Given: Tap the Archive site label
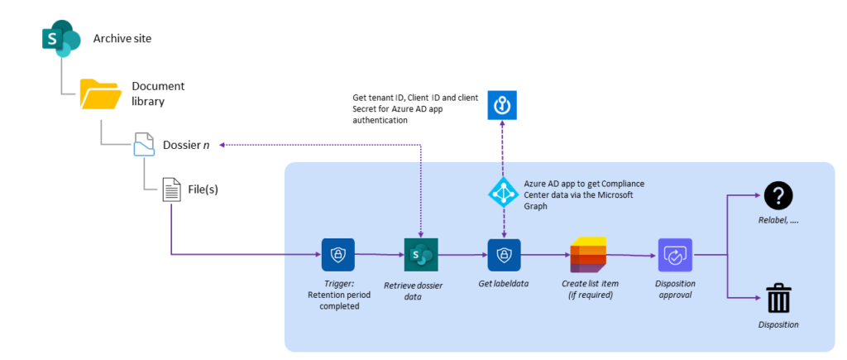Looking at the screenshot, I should [x=122, y=39].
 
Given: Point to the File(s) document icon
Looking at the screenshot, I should [x=171, y=190].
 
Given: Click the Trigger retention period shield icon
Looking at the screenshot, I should [x=337, y=254].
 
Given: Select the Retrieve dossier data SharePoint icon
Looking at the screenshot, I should [x=420, y=254].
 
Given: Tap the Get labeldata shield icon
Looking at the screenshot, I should [x=504, y=254].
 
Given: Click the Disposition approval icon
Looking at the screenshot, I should [x=674, y=254].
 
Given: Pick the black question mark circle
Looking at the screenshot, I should [x=778, y=195].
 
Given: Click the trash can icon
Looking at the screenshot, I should [x=778, y=298].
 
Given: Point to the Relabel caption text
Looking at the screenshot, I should [x=778, y=222].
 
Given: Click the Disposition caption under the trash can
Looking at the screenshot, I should [x=778, y=324].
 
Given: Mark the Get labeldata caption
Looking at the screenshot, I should [x=504, y=284].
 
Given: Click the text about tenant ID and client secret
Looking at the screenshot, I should [x=410, y=108].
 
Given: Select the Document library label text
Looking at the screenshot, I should [x=158, y=94].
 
